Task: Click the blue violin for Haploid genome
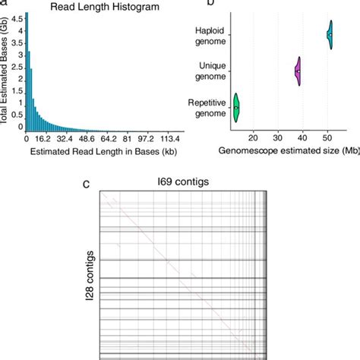(330, 35)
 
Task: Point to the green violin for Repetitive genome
(236, 108)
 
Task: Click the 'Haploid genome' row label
(207, 35)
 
